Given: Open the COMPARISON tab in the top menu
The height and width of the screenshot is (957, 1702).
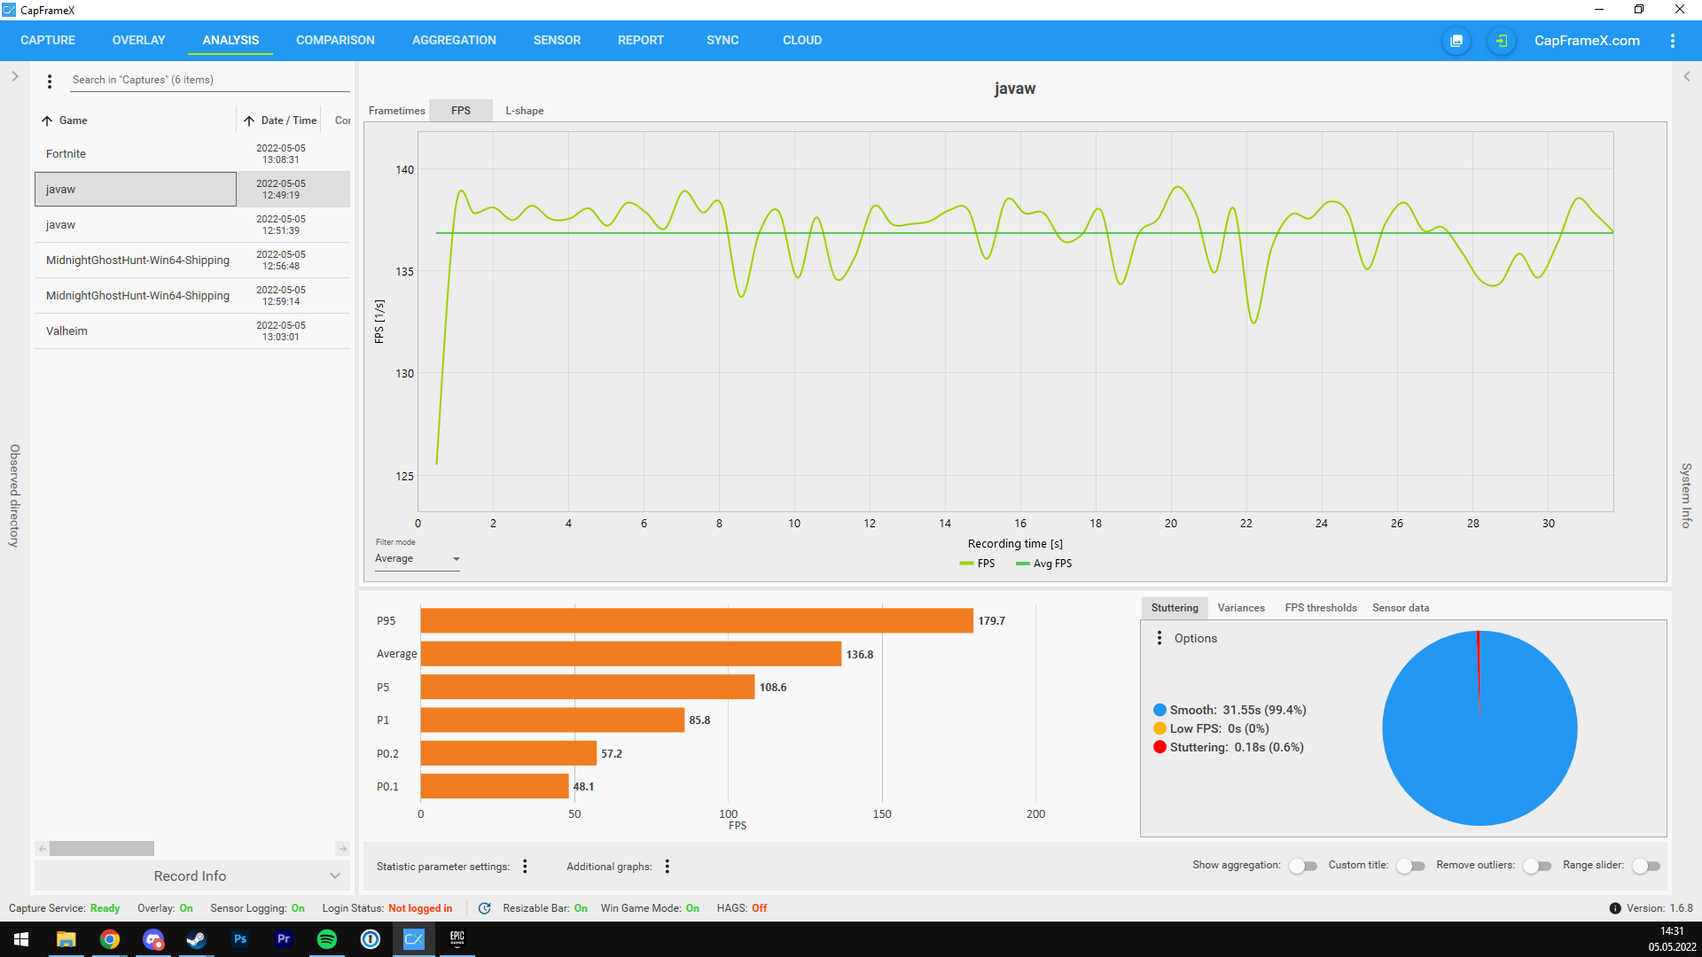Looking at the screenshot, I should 335,40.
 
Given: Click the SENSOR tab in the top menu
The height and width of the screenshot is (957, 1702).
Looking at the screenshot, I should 557,40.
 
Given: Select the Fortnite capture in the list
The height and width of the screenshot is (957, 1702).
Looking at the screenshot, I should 66,154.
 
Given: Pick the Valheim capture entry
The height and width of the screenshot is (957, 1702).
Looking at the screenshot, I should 67,331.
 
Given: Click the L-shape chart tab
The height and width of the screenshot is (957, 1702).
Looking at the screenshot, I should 524,111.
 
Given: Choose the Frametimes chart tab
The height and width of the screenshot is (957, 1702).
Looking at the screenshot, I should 396,111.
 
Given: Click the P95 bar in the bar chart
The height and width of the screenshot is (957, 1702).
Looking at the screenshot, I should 697,621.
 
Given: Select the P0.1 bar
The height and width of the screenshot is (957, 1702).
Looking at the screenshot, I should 495,787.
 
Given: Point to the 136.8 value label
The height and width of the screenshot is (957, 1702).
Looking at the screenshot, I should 859,655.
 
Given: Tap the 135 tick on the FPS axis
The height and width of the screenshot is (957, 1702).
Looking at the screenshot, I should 404,272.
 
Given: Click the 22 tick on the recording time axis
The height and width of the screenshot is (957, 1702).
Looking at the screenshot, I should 1245,524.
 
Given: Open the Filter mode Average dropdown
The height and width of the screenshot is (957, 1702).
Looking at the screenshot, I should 417,559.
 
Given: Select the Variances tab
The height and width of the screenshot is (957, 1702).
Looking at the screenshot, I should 1240,608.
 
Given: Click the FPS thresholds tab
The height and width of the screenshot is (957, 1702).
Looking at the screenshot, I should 1320,608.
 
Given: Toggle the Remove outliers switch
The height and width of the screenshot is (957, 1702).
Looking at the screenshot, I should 1537,866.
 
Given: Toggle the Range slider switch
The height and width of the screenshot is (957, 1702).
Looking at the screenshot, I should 1646,866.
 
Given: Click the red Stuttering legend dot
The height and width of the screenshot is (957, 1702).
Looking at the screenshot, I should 1159,748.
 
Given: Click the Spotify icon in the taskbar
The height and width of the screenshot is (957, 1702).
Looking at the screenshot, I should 327,939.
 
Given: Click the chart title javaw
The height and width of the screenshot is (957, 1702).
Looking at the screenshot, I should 1014,89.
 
